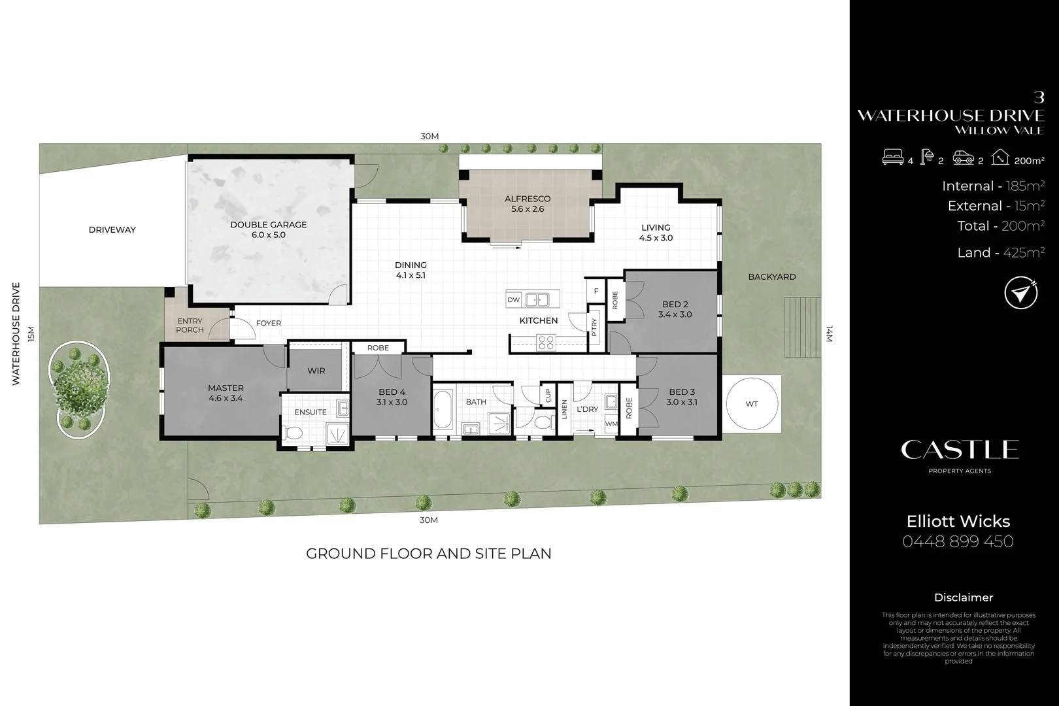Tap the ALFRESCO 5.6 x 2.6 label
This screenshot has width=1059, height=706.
pos(528,204)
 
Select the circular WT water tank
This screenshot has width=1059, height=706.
pos(752,404)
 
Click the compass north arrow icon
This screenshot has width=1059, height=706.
pos(1020,294)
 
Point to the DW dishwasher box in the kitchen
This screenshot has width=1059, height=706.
pos(514,300)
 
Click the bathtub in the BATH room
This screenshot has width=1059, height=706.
pos(443,410)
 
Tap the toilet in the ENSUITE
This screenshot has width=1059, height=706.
pos(294,433)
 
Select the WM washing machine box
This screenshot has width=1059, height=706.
pos(611,424)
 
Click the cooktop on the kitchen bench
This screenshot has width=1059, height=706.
pos(546,342)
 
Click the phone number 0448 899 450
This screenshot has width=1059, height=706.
pos(958,541)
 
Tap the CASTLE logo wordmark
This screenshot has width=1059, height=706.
pos(959,450)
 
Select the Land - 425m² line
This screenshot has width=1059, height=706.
pos(1000,253)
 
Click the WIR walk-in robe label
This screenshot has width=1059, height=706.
pos(316,371)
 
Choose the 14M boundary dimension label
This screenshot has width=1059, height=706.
pos(830,335)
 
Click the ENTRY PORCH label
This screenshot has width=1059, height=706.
pos(190,326)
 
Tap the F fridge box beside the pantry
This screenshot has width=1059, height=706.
pos(596,292)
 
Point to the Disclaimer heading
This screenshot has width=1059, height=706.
pos(963,597)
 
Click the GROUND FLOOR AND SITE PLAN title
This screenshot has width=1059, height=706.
pos(428,554)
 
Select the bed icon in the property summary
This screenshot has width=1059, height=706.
pos(893,158)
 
